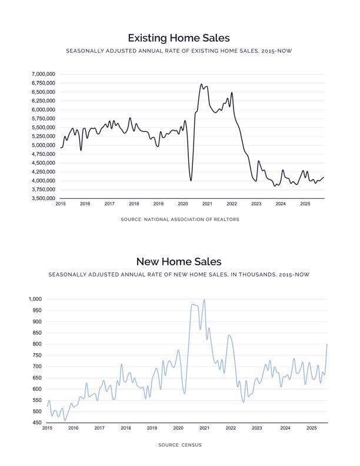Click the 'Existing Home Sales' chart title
(x=179, y=38)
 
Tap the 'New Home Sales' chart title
(x=179, y=261)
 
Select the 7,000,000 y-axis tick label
(x=43, y=74)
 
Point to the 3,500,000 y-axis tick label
(x=43, y=198)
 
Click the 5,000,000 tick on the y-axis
(x=43, y=145)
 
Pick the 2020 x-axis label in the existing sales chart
(x=182, y=204)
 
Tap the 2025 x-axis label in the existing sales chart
(x=305, y=204)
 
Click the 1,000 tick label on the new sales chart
(x=35, y=299)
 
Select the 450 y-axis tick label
(x=36, y=422)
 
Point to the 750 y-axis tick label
(x=36, y=355)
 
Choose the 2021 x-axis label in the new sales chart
(x=205, y=428)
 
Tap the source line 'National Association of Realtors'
(x=179, y=219)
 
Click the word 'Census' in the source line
(x=191, y=445)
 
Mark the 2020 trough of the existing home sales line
(x=191, y=180)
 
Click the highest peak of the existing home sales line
(x=201, y=84)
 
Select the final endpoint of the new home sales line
(x=327, y=344)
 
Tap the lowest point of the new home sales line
(x=65, y=420)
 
